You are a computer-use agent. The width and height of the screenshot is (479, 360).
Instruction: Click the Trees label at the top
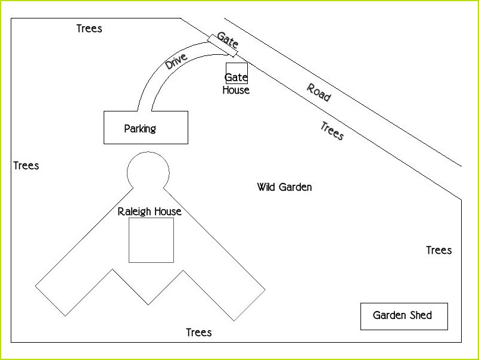pos(89,29)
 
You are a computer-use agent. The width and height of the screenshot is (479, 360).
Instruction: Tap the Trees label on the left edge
pos(26,166)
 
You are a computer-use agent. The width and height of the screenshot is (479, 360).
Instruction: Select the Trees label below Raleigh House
pos(199,333)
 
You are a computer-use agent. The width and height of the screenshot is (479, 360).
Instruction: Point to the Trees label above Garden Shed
pos(439,250)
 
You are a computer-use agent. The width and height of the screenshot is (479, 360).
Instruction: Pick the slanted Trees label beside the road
pos(332,131)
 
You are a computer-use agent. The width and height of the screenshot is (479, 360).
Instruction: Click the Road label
pos(319,92)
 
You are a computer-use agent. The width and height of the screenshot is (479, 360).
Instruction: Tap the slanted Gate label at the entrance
pos(228,40)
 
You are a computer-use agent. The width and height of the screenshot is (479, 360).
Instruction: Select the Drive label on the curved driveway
pos(176,61)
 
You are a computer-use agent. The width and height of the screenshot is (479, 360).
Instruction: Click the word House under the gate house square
pos(236,91)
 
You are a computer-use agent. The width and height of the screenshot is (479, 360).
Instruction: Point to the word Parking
pos(140,128)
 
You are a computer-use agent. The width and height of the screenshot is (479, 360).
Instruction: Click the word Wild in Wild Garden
pos(267,187)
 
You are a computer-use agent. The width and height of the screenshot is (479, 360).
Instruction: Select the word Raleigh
pos(135,212)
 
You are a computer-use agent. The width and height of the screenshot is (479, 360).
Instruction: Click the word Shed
pos(421,315)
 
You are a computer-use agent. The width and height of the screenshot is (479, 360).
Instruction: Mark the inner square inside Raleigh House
pos(151,240)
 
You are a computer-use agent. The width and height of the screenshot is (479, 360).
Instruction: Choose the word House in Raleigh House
pos(168,212)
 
